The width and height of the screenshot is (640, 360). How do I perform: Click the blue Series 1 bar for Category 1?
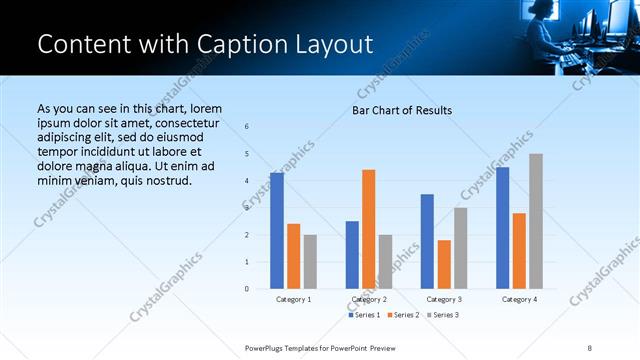(277, 231)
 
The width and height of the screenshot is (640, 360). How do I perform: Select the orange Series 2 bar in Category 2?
(369, 229)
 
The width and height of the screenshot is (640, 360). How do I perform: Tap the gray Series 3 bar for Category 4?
(536, 221)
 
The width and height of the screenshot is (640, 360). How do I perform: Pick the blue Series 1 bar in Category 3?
(427, 241)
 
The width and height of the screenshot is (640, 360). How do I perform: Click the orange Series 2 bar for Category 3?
(444, 264)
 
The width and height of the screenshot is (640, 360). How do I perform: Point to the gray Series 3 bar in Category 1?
(310, 262)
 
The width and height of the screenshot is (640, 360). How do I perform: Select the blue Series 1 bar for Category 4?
(502, 228)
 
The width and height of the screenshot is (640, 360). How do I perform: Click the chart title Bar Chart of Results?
(401, 110)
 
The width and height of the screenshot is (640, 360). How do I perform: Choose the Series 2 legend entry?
(402, 315)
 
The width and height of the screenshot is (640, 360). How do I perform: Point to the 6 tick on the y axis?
(247, 127)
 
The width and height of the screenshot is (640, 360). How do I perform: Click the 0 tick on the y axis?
(247, 289)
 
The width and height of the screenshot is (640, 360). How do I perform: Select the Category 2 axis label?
(369, 299)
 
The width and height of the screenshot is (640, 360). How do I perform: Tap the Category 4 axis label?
(519, 299)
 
